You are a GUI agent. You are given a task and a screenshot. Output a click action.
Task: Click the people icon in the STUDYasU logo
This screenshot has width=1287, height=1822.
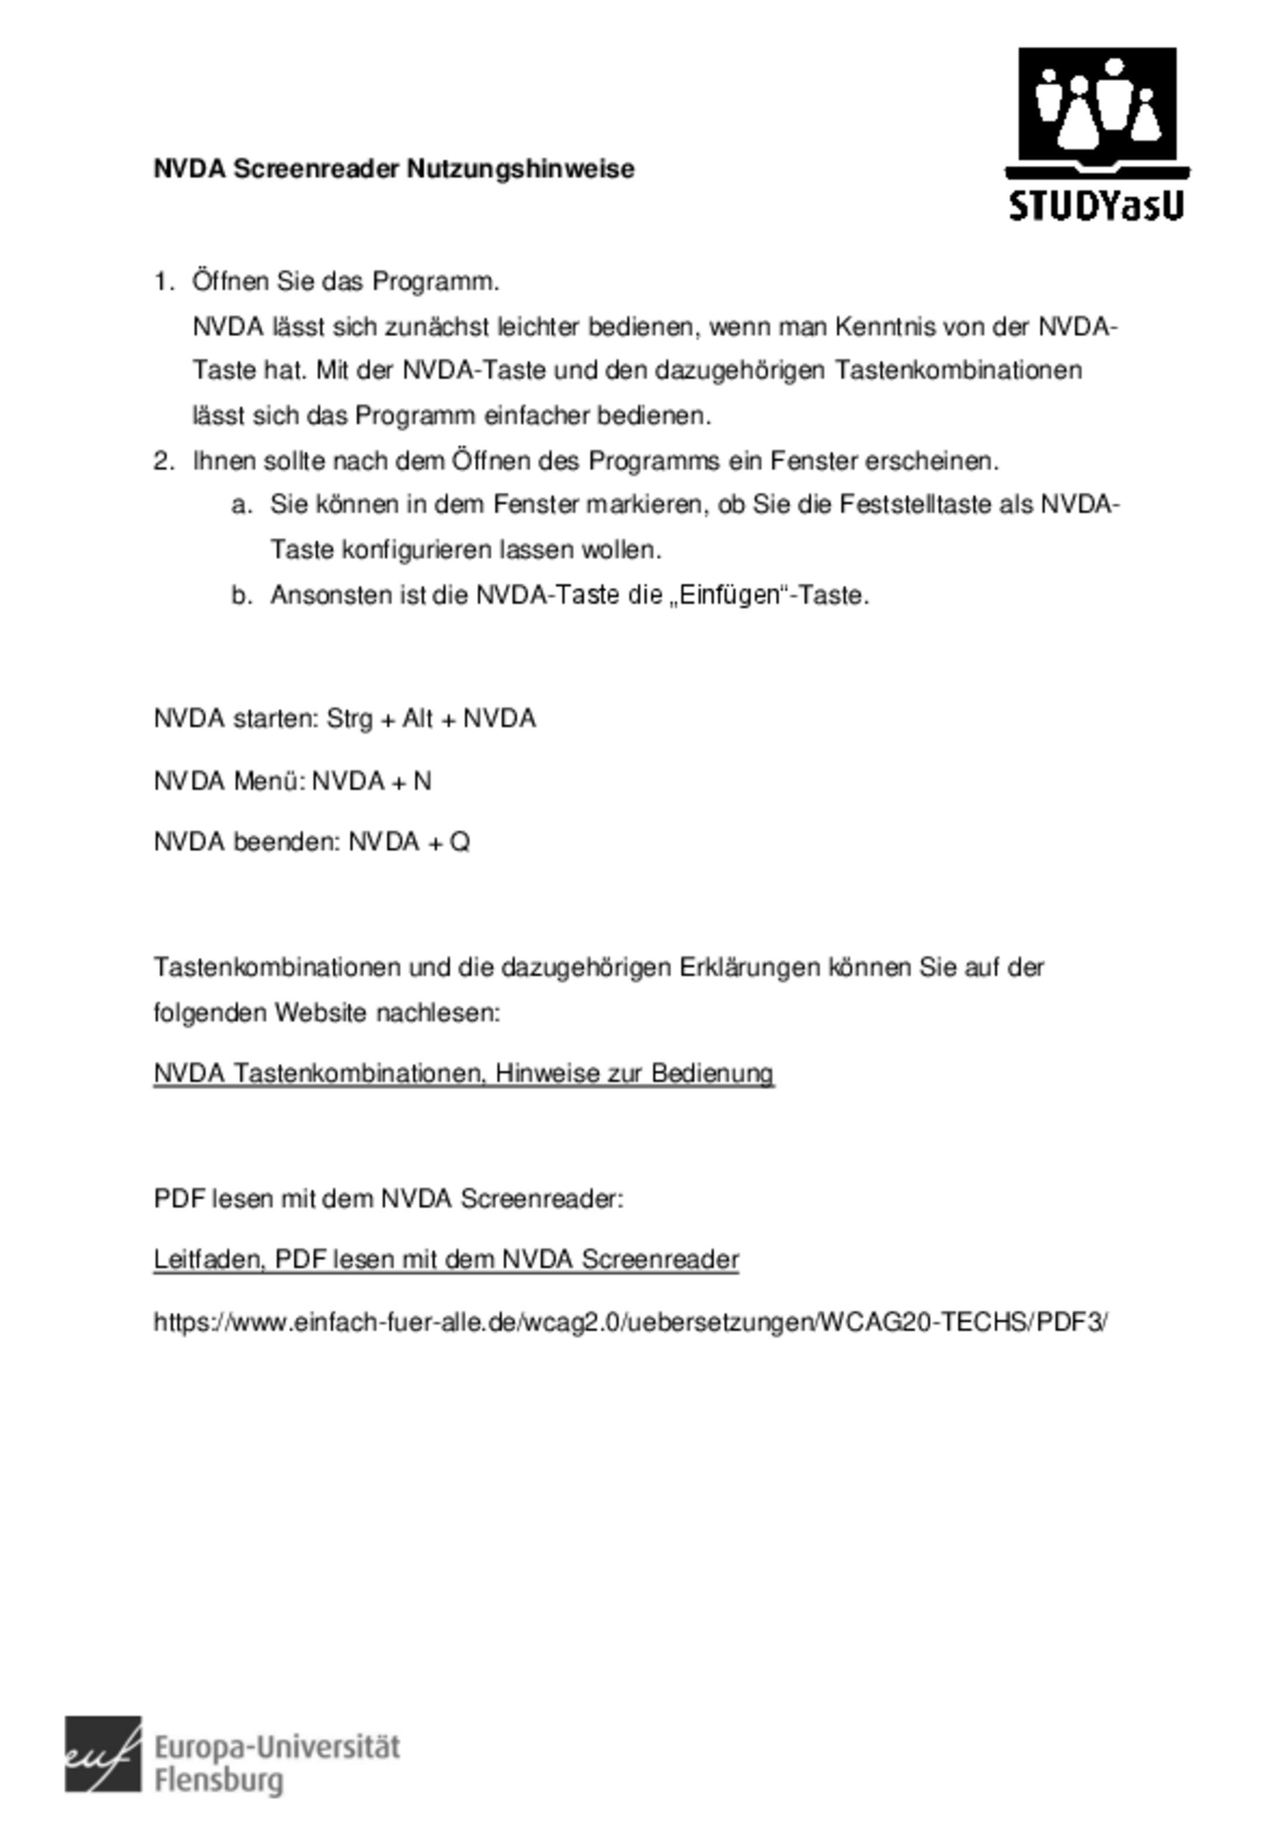(1097, 103)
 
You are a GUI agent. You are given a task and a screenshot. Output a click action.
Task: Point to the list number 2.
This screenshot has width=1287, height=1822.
(163, 461)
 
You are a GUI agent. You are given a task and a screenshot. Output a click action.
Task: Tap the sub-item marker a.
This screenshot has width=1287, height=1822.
(241, 505)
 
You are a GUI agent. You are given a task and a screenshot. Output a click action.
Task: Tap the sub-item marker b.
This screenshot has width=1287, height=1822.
(241, 595)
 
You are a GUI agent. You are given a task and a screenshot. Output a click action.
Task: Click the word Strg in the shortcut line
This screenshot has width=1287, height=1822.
(349, 719)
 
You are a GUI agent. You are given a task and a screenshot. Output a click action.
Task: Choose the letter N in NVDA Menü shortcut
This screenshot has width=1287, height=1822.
(422, 782)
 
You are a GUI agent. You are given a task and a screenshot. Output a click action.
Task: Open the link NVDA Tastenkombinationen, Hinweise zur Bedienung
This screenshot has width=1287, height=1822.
(463, 1074)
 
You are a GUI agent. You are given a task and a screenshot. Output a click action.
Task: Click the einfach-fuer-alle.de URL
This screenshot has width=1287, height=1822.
(630, 1322)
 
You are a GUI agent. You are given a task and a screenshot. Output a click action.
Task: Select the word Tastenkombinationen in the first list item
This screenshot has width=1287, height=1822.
(958, 370)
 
